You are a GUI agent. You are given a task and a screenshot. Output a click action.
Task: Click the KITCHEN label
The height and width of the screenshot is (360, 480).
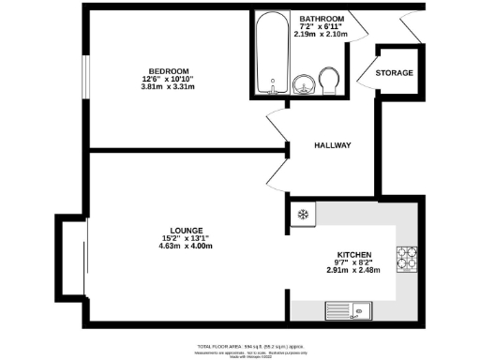[x=355, y=255]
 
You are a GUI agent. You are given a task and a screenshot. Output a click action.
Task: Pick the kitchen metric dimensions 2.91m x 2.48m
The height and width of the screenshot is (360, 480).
[x=355, y=272]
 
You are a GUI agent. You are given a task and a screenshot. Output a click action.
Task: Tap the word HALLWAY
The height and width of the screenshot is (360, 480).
[x=332, y=145]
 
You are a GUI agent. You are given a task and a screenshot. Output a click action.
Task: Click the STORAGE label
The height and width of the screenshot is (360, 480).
[x=394, y=72]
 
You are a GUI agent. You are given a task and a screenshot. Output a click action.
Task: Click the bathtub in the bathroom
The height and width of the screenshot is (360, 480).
[x=272, y=54]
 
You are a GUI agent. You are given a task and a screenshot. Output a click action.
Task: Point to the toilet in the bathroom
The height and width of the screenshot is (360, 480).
[x=329, y=80]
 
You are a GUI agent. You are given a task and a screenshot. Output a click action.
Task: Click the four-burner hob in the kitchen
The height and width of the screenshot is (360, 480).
[x=408, y=255]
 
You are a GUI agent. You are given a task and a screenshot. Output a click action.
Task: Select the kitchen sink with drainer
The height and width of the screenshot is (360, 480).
[x=350, y=311]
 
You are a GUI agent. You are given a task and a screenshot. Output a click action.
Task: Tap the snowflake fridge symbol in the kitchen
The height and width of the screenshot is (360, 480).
[x=302, y=216]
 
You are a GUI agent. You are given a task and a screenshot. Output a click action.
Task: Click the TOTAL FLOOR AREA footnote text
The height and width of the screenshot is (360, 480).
[x=241, y=346]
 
